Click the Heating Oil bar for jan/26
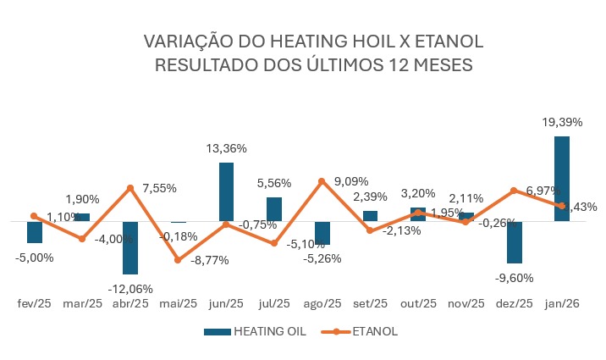[561, 179]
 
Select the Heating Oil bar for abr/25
[129, 247]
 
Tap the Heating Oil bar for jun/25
[226, 192]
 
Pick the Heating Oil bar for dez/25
[514, 242]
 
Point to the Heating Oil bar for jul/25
[274, 209]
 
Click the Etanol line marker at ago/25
[322, 181]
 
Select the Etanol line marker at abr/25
[130, 188]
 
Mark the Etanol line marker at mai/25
[178, 259]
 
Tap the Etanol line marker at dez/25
[514, 191]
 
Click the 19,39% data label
[562, 123]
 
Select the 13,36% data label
[226, 148]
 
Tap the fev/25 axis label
[35, 302]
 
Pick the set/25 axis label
[370, 302]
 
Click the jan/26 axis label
[561, 302]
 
